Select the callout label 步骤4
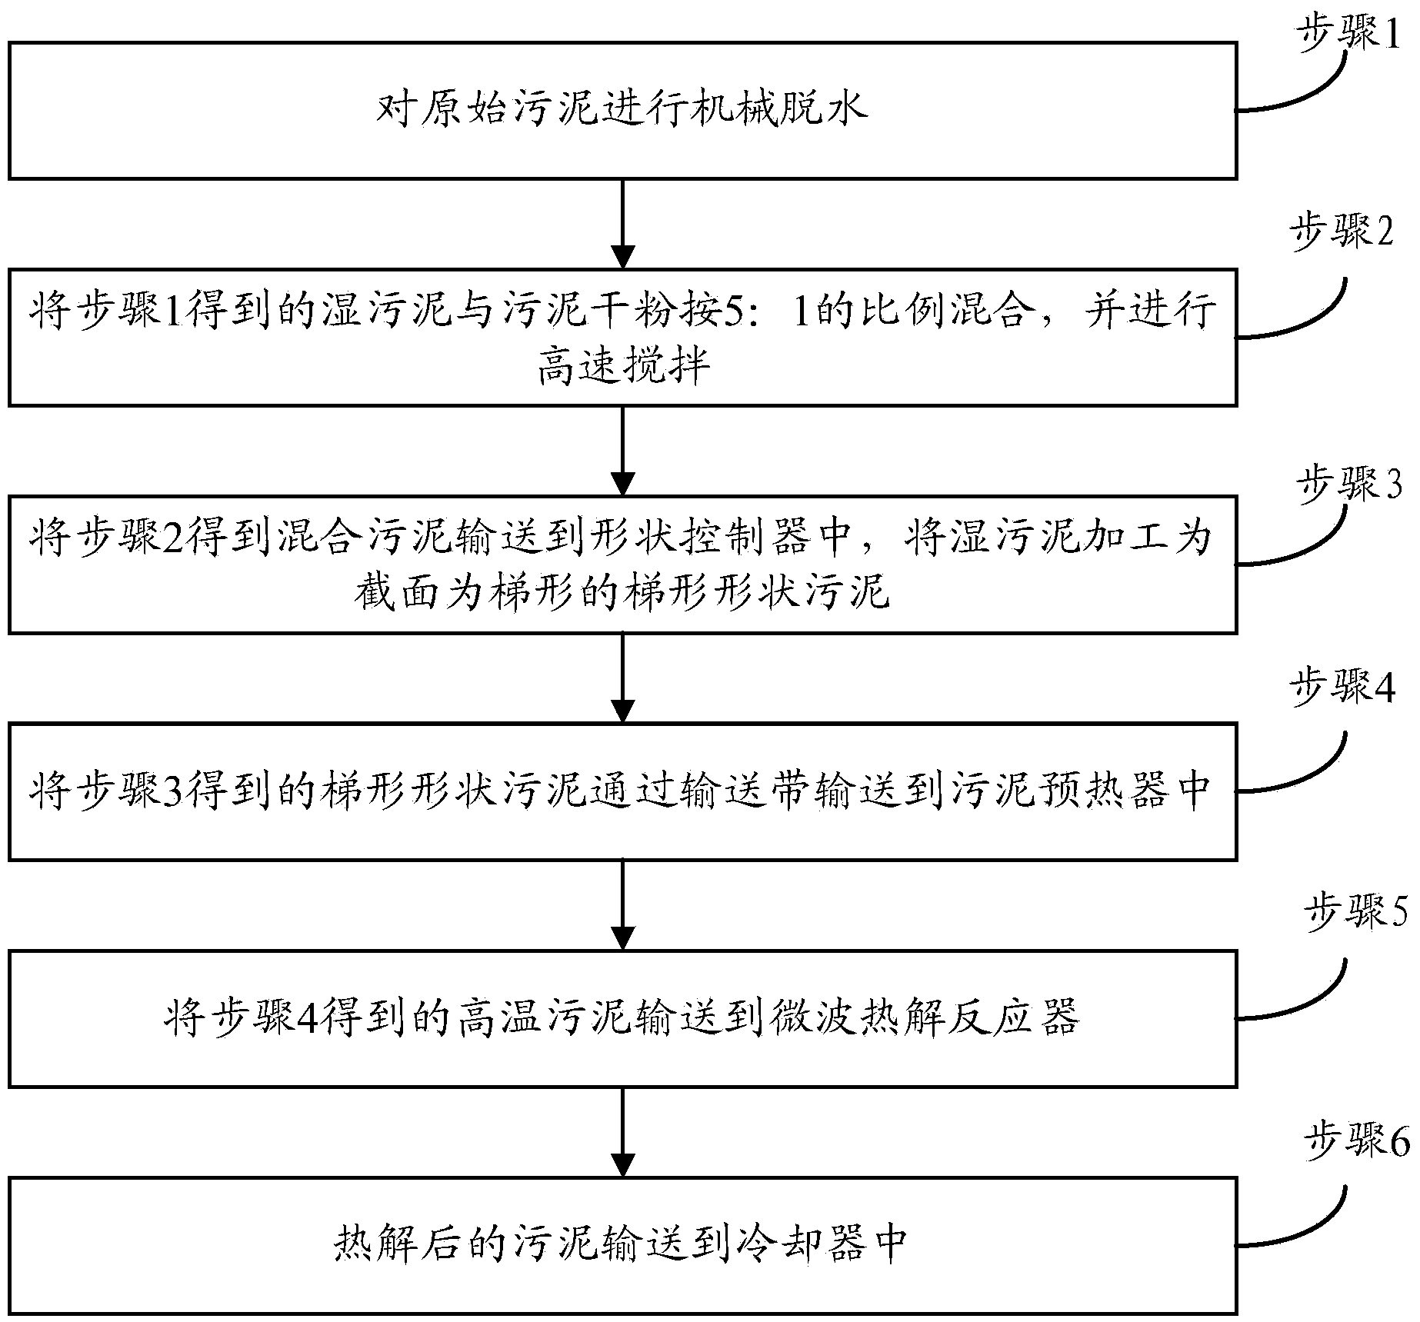1342,688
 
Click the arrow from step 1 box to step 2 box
622,224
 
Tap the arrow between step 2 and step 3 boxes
622,451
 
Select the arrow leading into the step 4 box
622,678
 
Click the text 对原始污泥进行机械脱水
622,110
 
